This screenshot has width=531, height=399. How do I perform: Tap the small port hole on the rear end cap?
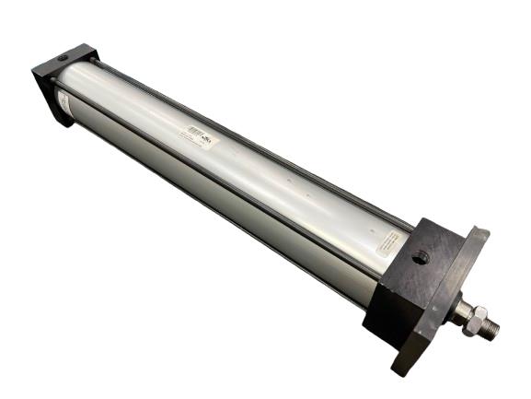pyautogui.click(x=62, y=60)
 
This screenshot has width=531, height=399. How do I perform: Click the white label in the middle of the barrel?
pyautogui.click(x=197, y=137)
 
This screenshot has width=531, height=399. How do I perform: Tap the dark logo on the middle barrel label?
pyautogui.click(x=207, y=140)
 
